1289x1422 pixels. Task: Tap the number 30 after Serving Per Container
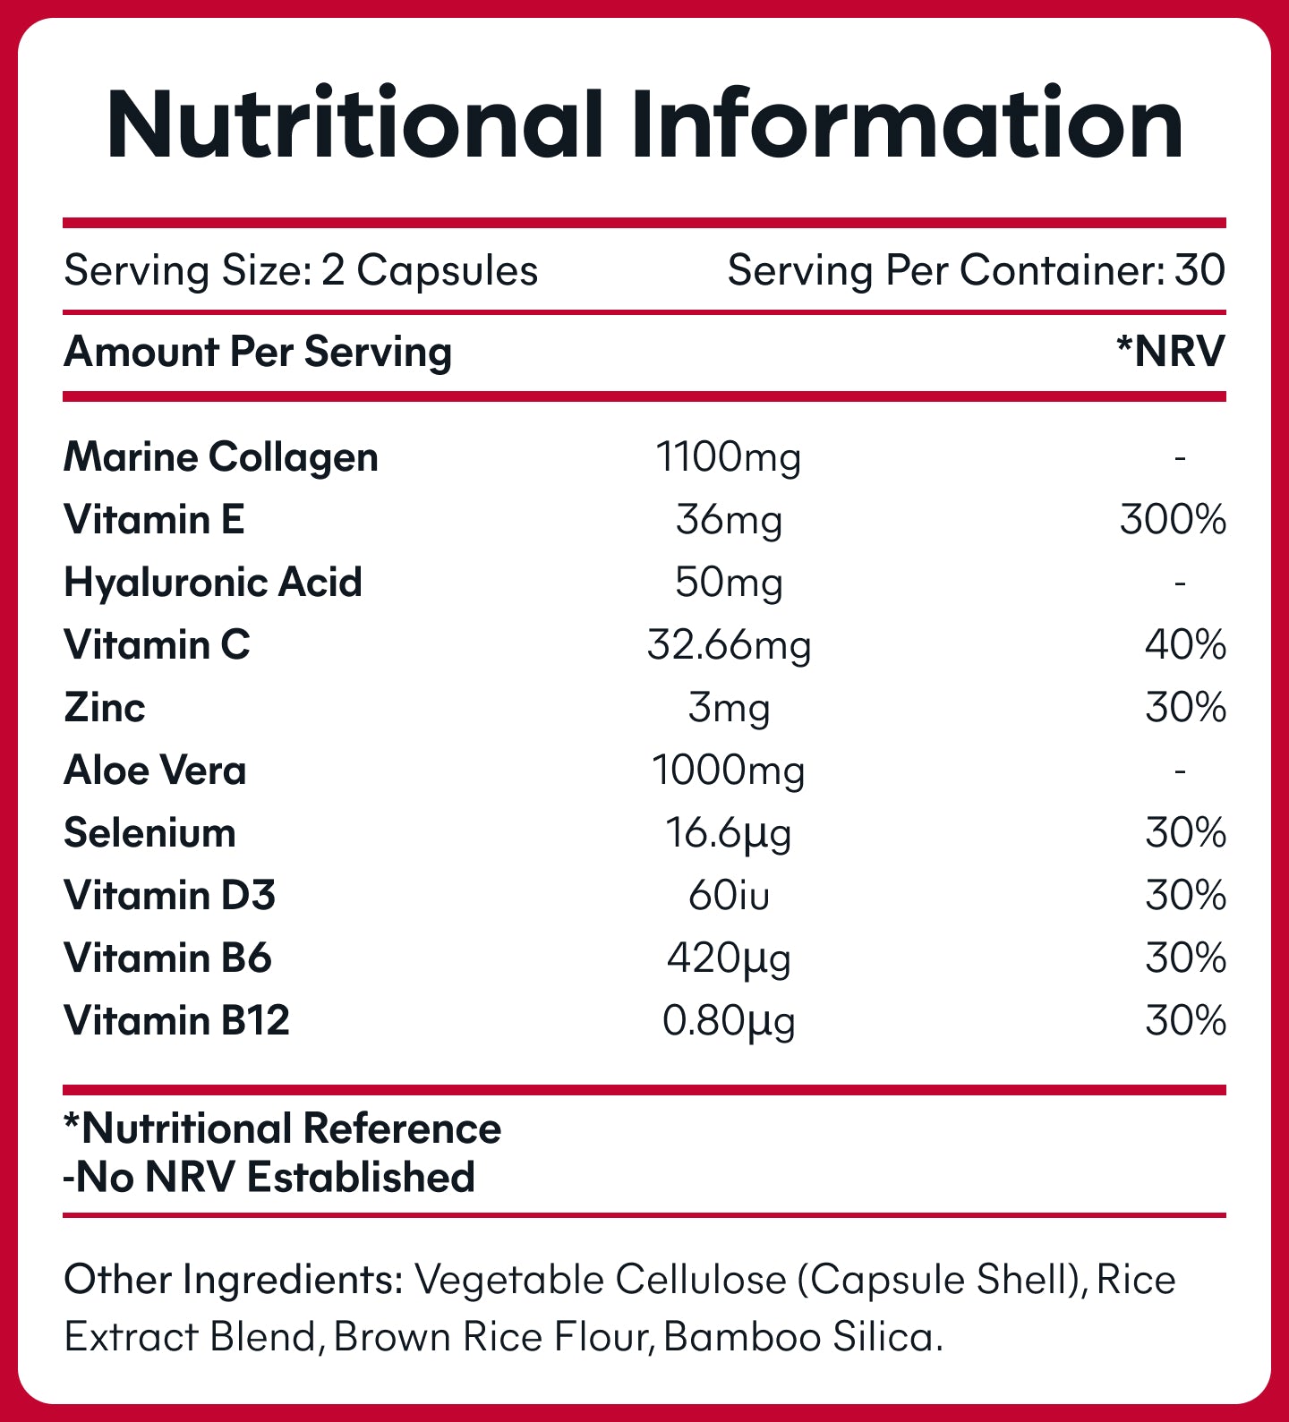(x=1199, y=270)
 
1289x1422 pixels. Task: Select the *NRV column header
(x=1170, y=352)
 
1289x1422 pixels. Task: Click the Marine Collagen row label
(x=221, y=457)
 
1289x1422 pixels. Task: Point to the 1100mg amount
(x=729, y=457)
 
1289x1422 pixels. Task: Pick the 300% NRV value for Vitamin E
(x=1172, y=520)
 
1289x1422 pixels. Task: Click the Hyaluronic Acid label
(x=213, y=583)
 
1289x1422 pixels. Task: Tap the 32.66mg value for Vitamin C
(x=729, y=645)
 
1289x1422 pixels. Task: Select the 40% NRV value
(x=1184, y=645)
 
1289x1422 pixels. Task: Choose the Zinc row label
(x=105, y=708)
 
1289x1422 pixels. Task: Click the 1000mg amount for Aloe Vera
(x=729, y=771)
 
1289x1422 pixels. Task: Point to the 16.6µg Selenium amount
(x=729, y=833)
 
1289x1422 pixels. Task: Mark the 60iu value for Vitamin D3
(x=729, y=896)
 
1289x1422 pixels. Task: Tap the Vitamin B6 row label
(x=167, y=958)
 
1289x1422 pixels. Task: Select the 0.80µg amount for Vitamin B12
(x=729, y=1021)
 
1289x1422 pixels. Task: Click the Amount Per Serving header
(x=258, y=352)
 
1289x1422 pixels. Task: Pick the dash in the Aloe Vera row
(x=1181, y=771)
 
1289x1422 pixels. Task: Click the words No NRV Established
(x=275, y=1178)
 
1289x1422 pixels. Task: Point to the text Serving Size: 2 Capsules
(x=301, y=270)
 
